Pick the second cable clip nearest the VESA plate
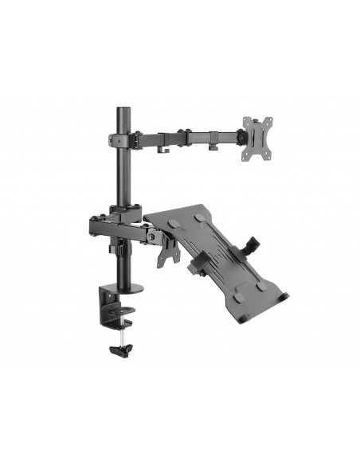(x=213, y=145)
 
